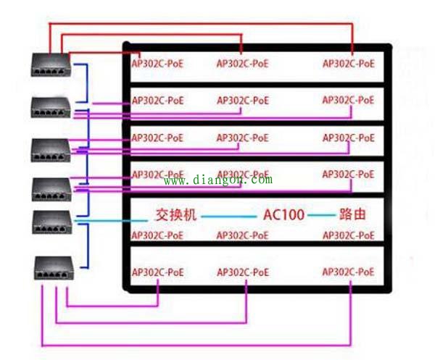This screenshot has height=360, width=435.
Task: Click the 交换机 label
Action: coord(176,215)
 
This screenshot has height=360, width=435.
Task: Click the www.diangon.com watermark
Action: coord(218,180)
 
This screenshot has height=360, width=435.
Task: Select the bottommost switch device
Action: coord(54,269)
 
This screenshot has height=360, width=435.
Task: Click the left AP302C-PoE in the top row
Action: coord(157,63)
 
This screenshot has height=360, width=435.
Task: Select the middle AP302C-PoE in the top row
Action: coord(243,63)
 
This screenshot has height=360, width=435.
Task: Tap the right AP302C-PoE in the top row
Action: coord(349,63)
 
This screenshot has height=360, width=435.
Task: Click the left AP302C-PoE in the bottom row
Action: coord(157,272)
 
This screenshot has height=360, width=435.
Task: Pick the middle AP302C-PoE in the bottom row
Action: coord(243,272)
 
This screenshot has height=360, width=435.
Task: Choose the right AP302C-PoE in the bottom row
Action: coord(349,272)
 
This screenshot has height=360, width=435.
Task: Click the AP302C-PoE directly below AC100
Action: coord(243,235)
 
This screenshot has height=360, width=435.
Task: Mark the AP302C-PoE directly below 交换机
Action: coord(157,235)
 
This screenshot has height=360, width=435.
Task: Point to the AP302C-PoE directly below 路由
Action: coord(349,235)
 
